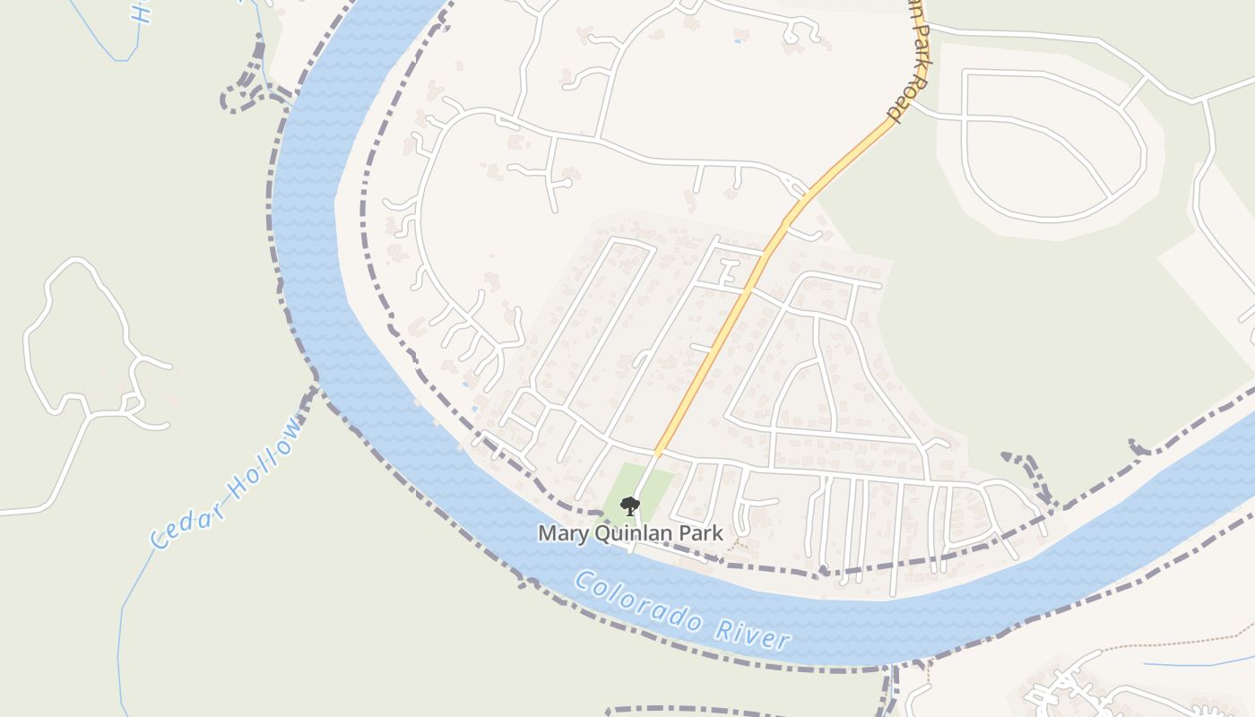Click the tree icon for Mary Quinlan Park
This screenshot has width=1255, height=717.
pyautogui.click(x=630, y=506)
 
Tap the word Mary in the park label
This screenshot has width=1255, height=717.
pyautogui.click(x=559, y=533)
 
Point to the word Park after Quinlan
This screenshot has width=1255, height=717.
pyautogui.click(x=702, y=533)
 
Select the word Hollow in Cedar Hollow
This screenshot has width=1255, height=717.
pyautogui.click(x=265, y=455)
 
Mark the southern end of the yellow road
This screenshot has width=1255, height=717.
pyautogui.click(x=657, y=453)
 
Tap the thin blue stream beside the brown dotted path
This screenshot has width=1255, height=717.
pyautogui.click(x=1201, y=664)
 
